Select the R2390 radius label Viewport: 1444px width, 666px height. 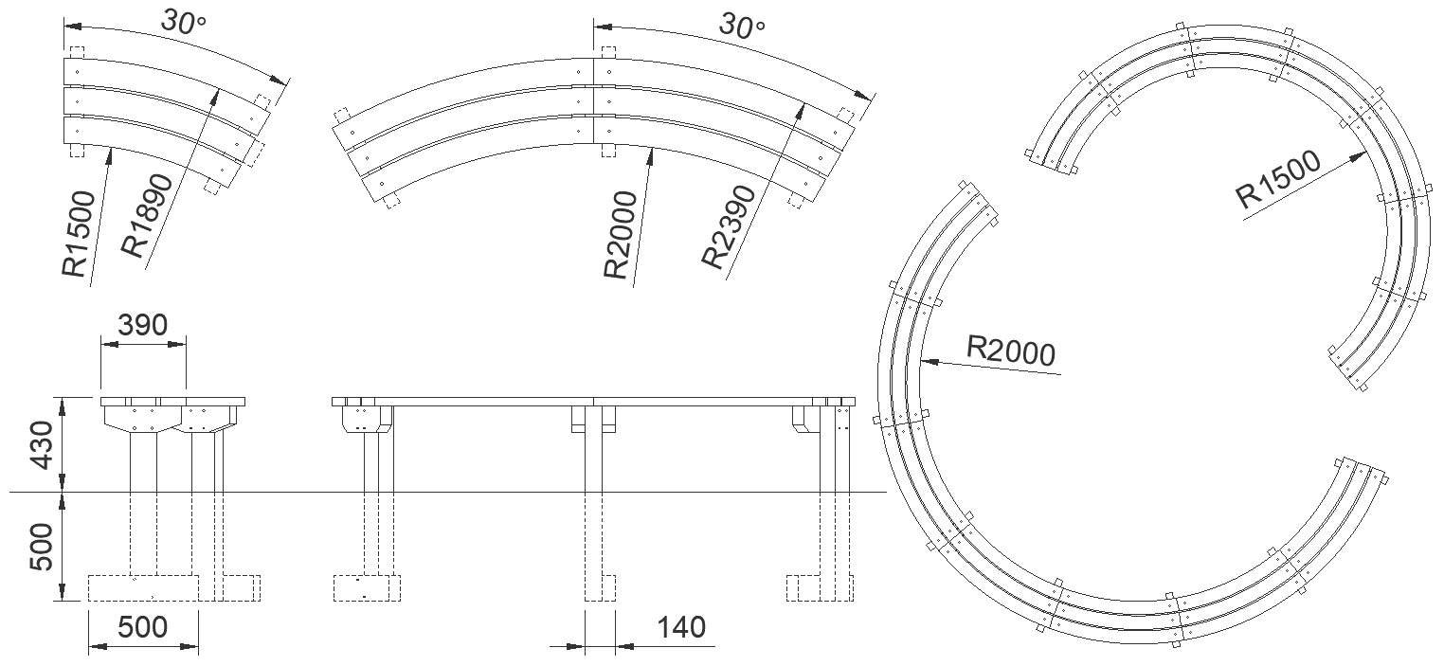[x=727, y=227]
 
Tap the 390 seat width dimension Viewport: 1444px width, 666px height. [x=142, y=325]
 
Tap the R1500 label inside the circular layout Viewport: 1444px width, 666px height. [x=1278, y=181]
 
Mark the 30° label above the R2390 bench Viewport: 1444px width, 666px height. [x=741, y=25]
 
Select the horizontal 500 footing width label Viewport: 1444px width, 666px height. [x=142, y=627]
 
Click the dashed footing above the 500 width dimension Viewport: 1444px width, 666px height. [x=142, y=587]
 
